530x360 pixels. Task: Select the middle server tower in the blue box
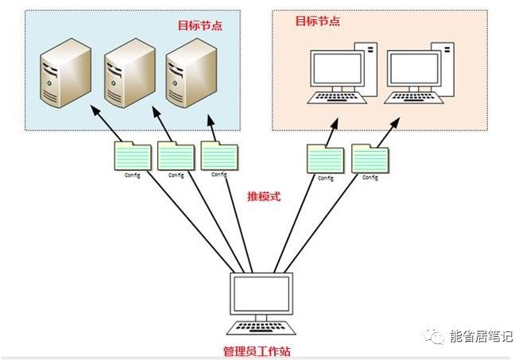[127, 73]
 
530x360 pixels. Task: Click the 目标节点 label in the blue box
[199, 25]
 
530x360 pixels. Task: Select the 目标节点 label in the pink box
[317, 21]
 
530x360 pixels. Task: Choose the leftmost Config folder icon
[132, 156]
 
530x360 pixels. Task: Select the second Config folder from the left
[176, 156]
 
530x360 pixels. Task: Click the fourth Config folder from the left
[325, 160]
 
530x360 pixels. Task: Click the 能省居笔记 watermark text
[482, 336]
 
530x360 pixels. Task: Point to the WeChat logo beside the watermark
[436, 336]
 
